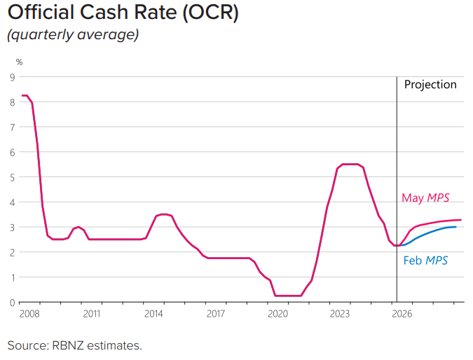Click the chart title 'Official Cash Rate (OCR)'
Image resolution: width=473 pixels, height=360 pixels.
pyautogui.click(x=123, y=13)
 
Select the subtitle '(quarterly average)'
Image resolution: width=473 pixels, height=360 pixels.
pyautogui.click(x=73, y=34)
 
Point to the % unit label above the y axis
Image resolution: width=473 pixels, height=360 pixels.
pyautogui.click(x=19, y=62)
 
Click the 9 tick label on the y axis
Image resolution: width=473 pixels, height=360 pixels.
pyautogui.click(x=13, y=77)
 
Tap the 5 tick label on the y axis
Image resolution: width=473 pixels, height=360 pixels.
pyautogui.click(x=13, y=177)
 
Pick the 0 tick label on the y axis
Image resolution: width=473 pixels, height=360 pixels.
pyautogui.click(x=13, y=303)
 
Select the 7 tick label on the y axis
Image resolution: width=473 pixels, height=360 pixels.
pyautogui.click(x=13, y=127)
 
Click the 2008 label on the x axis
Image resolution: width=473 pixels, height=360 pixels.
pyautogui.click(x=29, y=314)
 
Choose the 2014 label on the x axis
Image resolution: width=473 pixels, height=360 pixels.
pyautogui.click(x=153, y=314)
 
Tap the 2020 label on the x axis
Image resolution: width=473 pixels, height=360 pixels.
pyautogui.click(x=277, y=314)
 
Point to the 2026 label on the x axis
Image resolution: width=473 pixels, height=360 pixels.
pyautogui.click(x=402, y=314)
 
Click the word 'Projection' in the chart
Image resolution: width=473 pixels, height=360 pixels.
pyautogui.click(x=430, y=85)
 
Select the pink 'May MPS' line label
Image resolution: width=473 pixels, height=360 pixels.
pyautogui.click(x=425, y=198)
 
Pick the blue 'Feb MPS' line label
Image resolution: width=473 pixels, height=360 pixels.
pyautogui.click(x=425, y=261)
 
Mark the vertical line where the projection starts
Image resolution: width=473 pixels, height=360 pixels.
pyautogui.click(x=397, y=189)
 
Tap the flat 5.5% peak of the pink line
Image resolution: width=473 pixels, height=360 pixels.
pyautogui.click(x=350, y=165)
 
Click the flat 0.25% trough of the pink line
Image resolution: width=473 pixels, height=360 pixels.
pyautogui.click(x=288, y=296)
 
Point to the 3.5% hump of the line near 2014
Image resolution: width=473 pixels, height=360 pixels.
pyautogui.click(x=163, y=214)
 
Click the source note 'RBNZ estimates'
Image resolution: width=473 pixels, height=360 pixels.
pyautogui.click(x=97, y=345)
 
